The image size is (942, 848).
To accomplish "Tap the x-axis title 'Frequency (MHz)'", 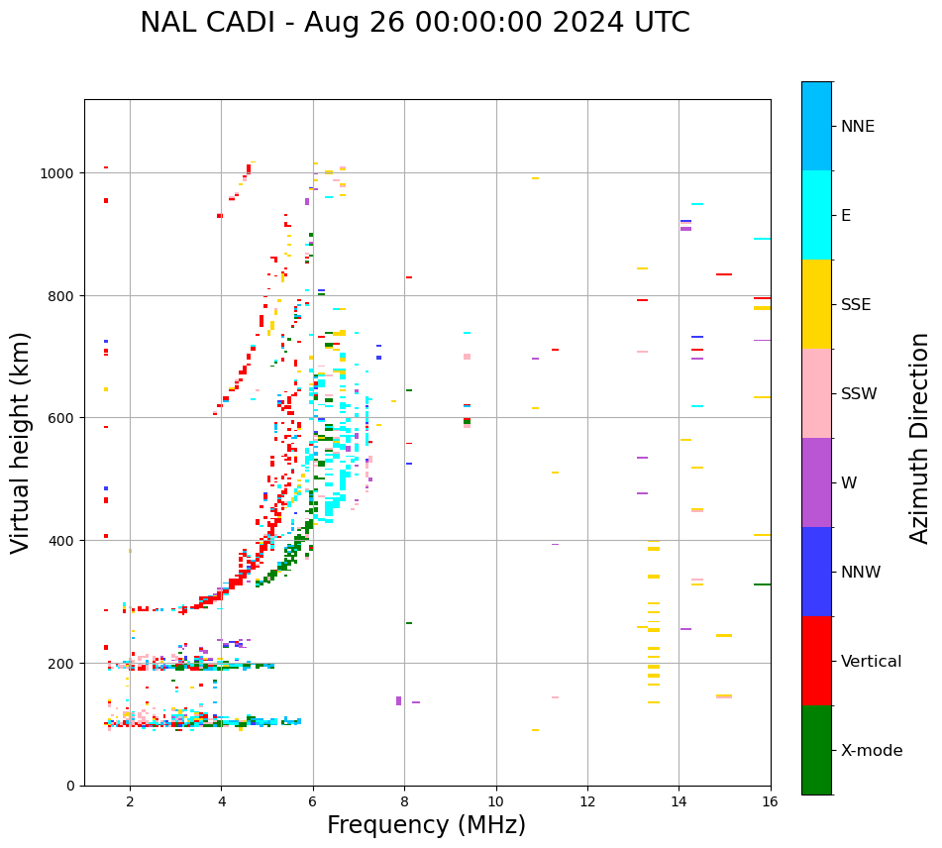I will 426,825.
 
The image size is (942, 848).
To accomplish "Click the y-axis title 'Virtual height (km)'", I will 21,442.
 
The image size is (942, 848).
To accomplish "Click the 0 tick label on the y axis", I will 70,786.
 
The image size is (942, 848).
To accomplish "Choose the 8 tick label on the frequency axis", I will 404,802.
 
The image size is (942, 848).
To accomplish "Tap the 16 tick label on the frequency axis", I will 770,802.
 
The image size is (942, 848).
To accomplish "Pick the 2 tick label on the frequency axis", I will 130,802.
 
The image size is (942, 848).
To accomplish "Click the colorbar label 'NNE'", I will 858,127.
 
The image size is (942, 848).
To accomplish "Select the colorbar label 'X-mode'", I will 872,751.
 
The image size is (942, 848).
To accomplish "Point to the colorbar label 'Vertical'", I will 871,662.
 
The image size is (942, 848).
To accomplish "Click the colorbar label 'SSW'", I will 859,394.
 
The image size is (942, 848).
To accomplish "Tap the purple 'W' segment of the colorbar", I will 816,482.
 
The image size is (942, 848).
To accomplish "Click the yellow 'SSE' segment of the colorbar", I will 816,304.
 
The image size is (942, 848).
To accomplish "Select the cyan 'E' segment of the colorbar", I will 816,215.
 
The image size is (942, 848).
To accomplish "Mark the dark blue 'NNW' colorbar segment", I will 816,572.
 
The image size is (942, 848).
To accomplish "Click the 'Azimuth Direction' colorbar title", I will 920,438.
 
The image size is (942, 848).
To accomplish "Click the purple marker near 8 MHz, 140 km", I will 399,700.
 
